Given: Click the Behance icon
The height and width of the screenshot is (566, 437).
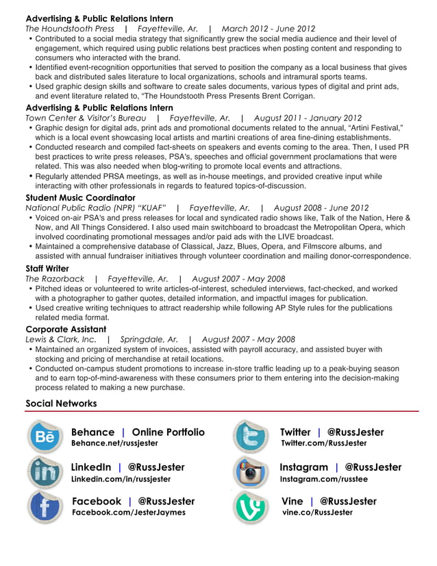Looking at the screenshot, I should tap(46, 437).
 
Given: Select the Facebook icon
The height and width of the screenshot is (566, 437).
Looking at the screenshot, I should tap(46, 507).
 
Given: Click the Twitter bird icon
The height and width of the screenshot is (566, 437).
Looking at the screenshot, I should tap(251, 437).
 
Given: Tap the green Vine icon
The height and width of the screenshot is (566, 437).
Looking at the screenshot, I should tap(251, 507).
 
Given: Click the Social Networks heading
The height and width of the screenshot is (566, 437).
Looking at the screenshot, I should tap(61, 404).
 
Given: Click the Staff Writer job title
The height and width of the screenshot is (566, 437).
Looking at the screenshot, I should tap(47, 269).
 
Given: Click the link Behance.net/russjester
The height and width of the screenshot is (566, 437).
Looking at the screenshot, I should tap(114, 443).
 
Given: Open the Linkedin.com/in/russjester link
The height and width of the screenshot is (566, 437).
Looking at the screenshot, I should tap(121, 479).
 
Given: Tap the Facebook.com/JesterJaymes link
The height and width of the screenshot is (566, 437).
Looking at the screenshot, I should tap(128, 513).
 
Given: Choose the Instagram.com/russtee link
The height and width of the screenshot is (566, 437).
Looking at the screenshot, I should tap(323, 479).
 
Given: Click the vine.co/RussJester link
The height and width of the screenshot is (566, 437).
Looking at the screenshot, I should tap(317, 513).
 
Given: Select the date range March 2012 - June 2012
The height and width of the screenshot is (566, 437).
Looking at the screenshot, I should tap(269, 29).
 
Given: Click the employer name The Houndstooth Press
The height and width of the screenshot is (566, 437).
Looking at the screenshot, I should tap(70, 29).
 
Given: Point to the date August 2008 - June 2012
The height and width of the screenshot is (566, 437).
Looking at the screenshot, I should tap(321, 208).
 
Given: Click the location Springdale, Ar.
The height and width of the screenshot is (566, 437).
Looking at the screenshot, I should tap(149, 339).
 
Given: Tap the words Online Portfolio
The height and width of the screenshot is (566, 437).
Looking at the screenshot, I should tap(168, 432).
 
